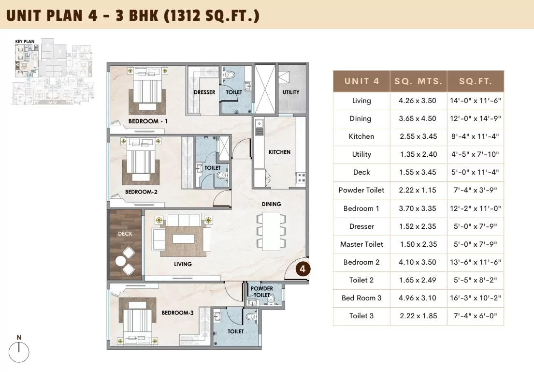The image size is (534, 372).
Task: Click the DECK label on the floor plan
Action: click(x=125, y=234)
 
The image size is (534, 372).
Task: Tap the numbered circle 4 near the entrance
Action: click(x=303, y=268)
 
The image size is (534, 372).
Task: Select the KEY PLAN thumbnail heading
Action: click(x=25, y=42)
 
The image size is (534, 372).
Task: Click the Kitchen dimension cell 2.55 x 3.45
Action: click(x=418, y=136)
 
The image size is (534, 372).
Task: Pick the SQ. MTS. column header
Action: click(x=418, y=81)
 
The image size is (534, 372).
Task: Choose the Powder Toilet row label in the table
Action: click(x=361, y=190)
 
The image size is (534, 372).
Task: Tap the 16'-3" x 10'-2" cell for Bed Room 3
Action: click(x=475, y=298)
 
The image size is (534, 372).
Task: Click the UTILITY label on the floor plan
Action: click(x=291, y=92)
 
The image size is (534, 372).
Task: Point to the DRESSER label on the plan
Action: click(x=204, y=92)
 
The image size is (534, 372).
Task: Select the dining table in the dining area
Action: click(x=271, y=231)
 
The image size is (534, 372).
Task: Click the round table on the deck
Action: click(x=121, y=261)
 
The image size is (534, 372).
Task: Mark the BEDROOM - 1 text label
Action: click(x=148, y=121)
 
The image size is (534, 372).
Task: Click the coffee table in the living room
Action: click(x=184, y=238)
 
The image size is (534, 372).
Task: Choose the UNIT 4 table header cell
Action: click(x=361, y=81)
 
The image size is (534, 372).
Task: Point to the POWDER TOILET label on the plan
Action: click(x=261, y=292)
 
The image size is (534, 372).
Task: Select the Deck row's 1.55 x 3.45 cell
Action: click(x=418, y=172)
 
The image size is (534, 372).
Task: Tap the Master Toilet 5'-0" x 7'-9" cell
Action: click(x=475, y=244)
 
